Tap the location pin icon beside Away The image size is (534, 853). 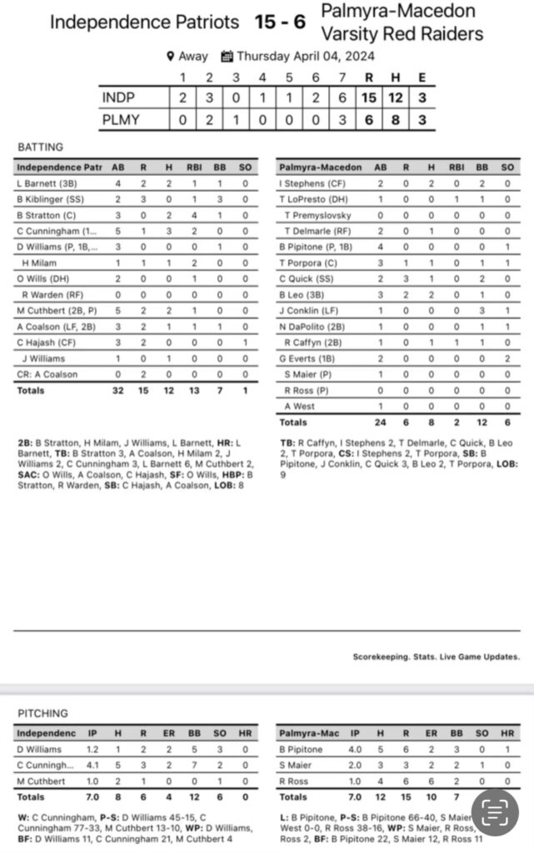[x=170, y=57]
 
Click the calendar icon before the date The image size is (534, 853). [x=227, y=57]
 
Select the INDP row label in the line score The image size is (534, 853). [x=118, y=98]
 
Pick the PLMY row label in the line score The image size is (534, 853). [x=120, y=120]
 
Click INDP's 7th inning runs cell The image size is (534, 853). [x=342, y=98]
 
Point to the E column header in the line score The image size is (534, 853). [x=422, y=78]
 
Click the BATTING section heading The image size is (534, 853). [x=40, y=147]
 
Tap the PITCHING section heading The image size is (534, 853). [x=43, y=714]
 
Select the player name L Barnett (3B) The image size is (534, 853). [x=46, y=183]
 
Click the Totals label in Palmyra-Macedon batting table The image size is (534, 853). [x=293, y=422]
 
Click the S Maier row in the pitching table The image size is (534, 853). [x=296, y=766]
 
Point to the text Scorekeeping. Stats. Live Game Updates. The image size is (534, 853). [x=436, y=656]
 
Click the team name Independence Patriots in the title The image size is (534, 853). [x=144, y=22]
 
